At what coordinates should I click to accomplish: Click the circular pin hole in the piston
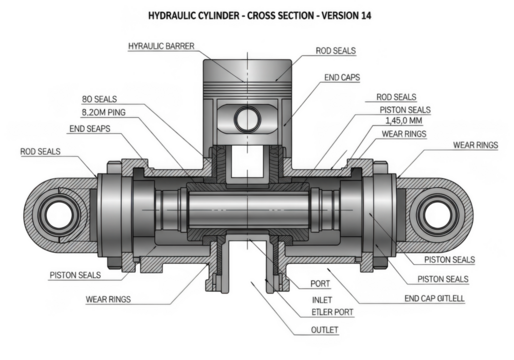click(x=246, y=118)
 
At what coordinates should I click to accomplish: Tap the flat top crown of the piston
click(x=246, y=63)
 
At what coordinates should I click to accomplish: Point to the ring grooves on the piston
click(x=246, y=87)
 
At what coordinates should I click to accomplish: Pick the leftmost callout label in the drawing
click(x=40, y=152)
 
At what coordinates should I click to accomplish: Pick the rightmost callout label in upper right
click(x=474, y=146)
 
